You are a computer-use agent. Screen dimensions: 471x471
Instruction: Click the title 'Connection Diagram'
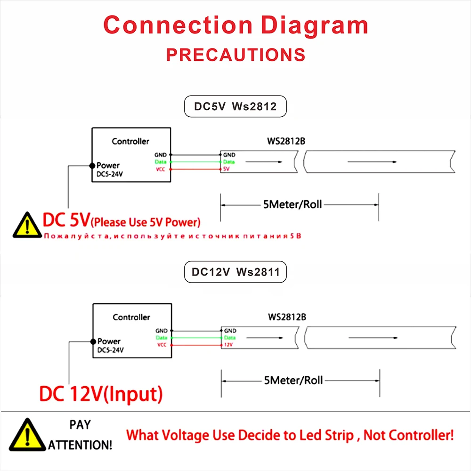pos(235,25)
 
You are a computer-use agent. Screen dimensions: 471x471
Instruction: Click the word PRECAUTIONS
pos(235,55)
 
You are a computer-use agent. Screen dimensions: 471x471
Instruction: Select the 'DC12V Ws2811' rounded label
pos(235,272)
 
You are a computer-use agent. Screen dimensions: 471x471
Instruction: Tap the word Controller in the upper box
pos(130,141)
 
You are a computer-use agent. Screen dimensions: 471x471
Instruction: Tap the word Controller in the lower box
pos(131,317)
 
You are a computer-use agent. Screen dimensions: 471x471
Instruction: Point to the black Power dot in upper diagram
pos(92,165)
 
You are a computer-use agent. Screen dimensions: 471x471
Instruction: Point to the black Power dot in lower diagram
pos(93,341)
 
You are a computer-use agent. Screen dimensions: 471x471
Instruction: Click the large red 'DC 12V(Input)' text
pos(101,393)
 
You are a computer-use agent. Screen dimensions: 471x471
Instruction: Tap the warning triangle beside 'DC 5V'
pos(27,225)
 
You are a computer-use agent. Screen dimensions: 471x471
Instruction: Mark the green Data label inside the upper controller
pos(161,162)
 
